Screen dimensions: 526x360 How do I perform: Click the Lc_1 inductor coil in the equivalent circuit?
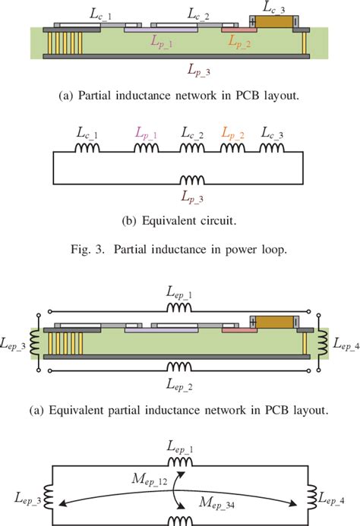[87, 150]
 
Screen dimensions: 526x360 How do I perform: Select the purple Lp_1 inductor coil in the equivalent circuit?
[145, 150]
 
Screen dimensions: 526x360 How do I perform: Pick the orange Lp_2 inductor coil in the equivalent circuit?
[231, 150]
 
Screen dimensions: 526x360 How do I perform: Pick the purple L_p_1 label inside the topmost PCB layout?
[160, 43]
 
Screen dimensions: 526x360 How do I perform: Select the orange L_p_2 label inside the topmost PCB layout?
[242, 43]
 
